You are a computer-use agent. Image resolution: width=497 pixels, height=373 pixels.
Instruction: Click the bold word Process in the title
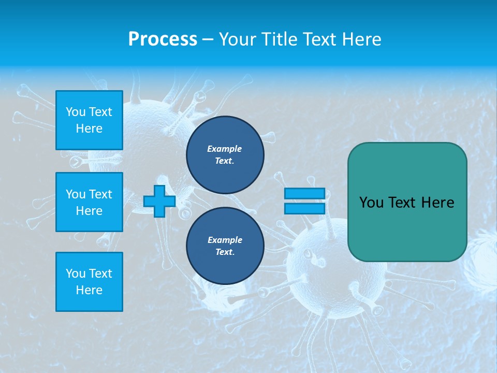tap(163, 39)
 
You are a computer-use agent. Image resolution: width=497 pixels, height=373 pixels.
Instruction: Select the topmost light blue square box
tap(89, 120)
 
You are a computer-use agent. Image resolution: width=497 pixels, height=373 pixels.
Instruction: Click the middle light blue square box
tap(89, 202)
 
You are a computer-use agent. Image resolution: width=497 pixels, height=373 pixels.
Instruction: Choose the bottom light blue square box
tap(89, 281)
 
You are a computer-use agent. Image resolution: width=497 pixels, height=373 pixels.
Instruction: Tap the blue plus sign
tap(159, 201)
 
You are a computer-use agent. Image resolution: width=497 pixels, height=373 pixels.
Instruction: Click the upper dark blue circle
tap(225, 155)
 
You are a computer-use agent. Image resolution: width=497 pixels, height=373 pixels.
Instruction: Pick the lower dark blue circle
tap(225, 246)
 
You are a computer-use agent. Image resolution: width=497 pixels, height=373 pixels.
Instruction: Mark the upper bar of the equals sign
tap(304, 193)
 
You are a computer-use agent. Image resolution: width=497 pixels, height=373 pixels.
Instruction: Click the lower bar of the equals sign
tap(304, 208)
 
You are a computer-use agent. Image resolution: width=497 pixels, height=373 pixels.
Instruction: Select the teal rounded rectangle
tap(407, 202)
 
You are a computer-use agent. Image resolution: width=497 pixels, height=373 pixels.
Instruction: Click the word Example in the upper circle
tap(225, 149)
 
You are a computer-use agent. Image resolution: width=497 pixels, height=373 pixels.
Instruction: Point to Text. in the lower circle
tap(225, 252)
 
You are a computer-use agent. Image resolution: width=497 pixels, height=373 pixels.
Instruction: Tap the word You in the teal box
tap(371, 203)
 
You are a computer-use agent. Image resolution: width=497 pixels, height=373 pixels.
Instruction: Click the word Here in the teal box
tap(437, 203)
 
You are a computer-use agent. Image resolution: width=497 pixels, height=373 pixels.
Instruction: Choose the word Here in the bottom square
tap(89, 290)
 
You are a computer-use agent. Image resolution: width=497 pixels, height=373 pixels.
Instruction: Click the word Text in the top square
tap(100, 112)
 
